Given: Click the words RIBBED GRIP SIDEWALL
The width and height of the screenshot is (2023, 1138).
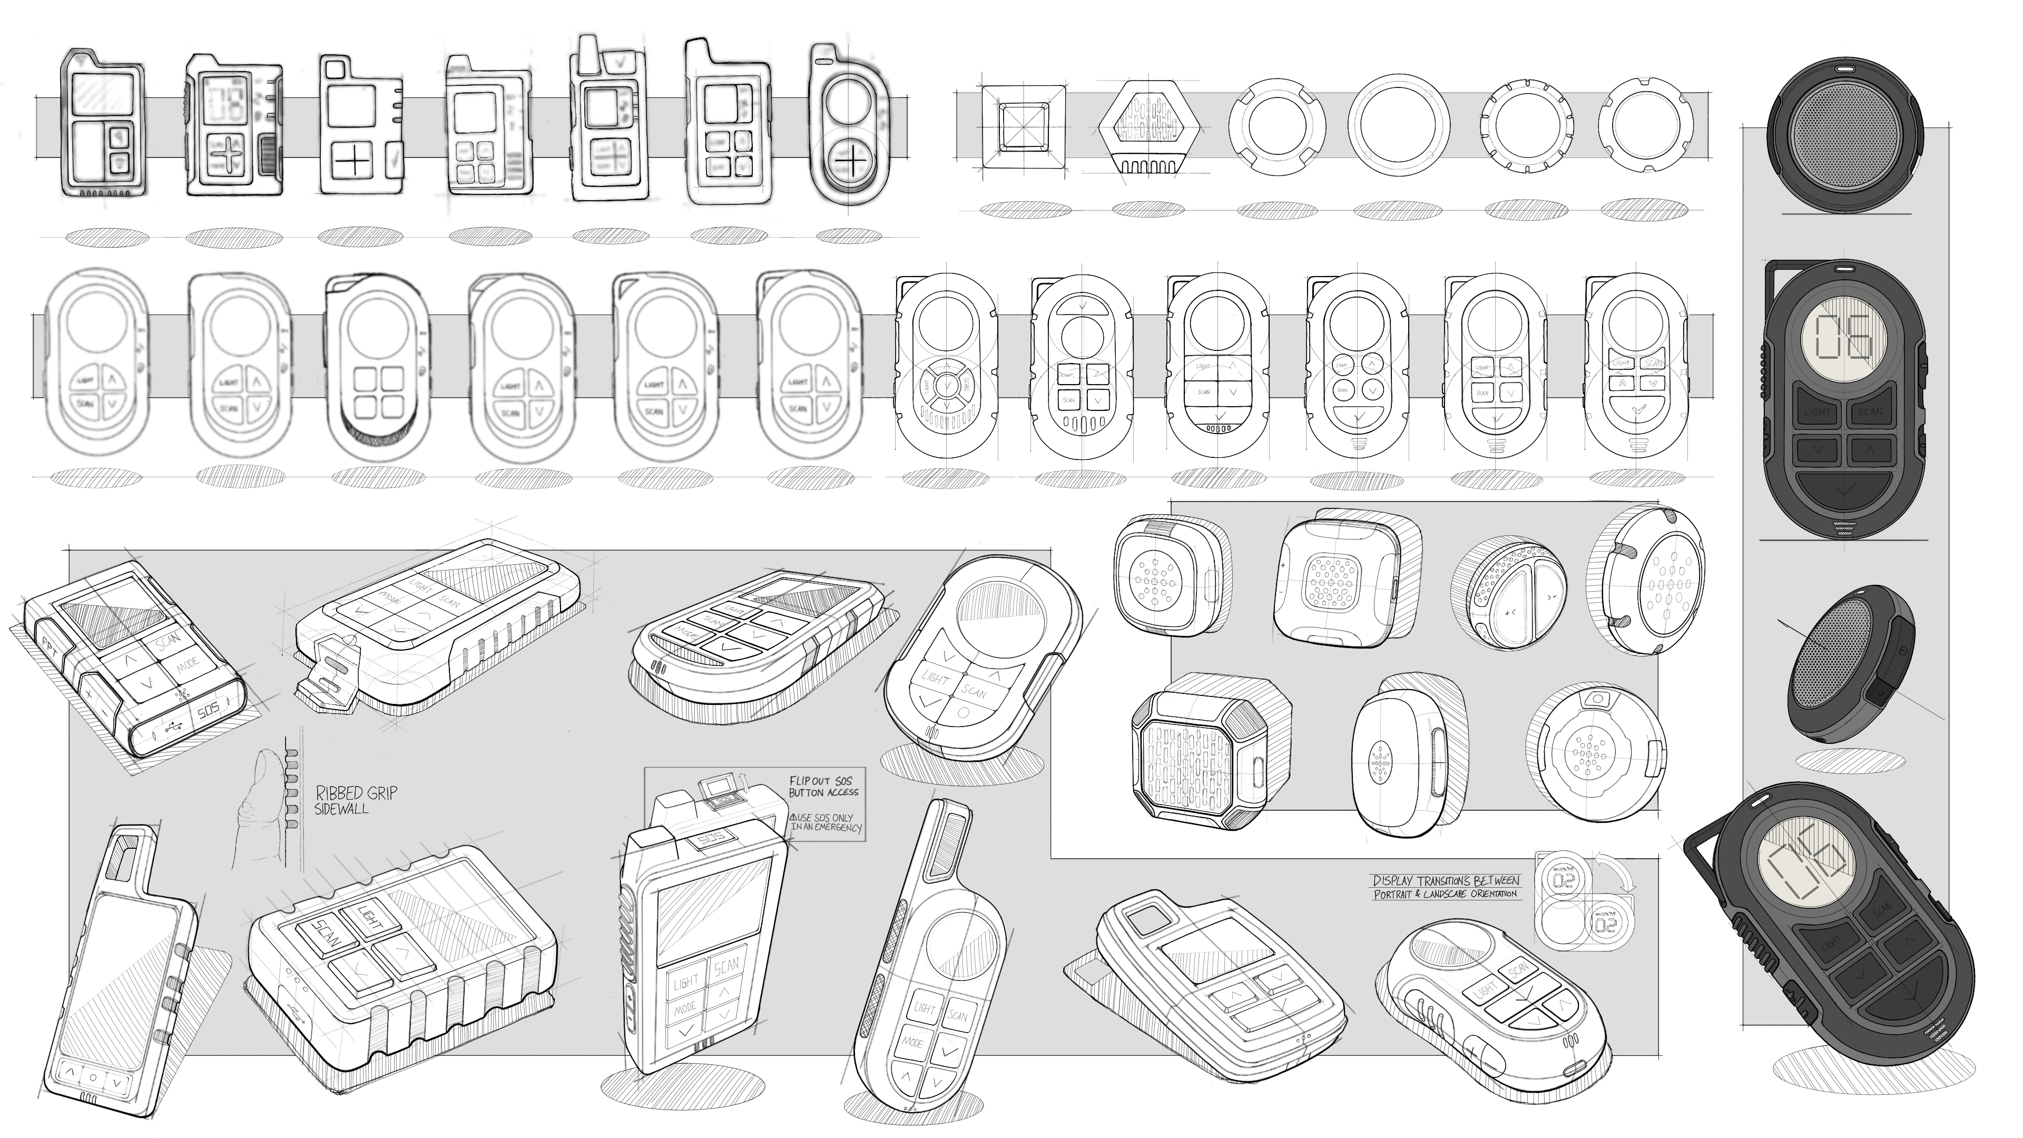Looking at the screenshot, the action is [355, 800].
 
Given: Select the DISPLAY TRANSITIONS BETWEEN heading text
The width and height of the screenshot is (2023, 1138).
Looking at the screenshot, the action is [1446, 880].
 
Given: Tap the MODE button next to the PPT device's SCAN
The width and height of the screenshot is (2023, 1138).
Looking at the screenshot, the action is [188, 666].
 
